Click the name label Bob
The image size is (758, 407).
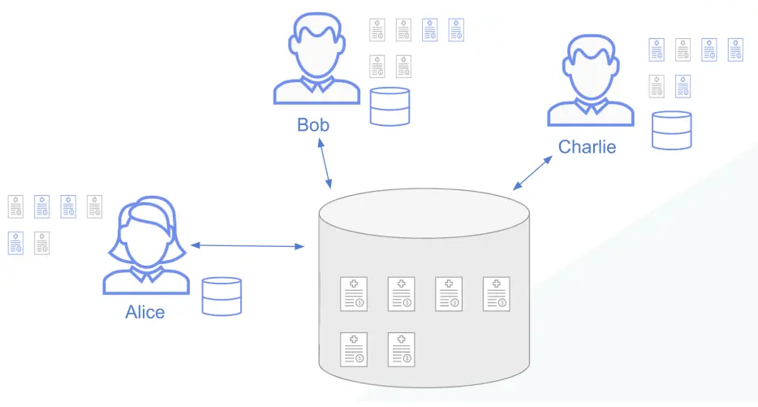[313, 125]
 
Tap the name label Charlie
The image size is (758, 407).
[587, 147]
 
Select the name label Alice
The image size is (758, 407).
[145, 312]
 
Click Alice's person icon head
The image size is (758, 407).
[146, 232]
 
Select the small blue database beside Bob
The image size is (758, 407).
[390, 106]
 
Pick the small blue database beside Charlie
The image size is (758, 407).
[672, 130]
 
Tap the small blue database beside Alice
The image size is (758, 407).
[222, 296]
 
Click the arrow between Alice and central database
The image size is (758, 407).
[247, 245]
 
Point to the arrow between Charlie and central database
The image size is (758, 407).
[532, 171]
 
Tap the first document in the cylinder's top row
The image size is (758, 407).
[354, 293]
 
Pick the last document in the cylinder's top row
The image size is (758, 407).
[496, 293]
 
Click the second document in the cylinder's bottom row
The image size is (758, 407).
[401, 349]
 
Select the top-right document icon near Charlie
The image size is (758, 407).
[735, 50]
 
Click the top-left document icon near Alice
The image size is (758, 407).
[15, 206]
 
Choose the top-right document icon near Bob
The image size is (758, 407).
[456, 30]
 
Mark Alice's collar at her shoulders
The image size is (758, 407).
[146, 275]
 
